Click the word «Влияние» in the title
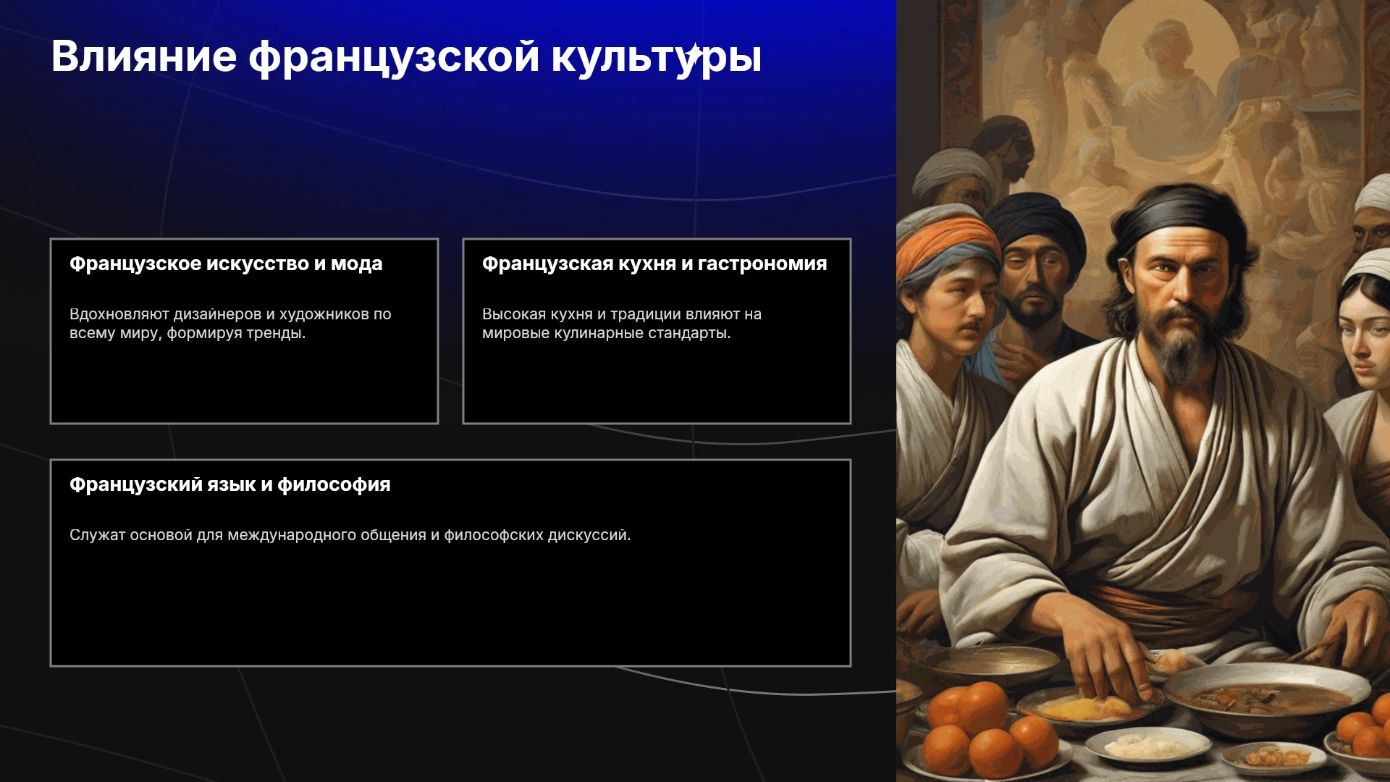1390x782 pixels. coord(144,56)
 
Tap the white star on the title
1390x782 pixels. coord(694,54)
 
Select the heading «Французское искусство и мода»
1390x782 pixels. coord(226,264)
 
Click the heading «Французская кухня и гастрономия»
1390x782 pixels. coord(654,264)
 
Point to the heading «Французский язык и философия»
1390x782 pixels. coord(230,485)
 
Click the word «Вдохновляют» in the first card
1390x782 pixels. coord(119,314)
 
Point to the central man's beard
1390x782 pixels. coord(1180,348)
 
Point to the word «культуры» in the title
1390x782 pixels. coord(656,56)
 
